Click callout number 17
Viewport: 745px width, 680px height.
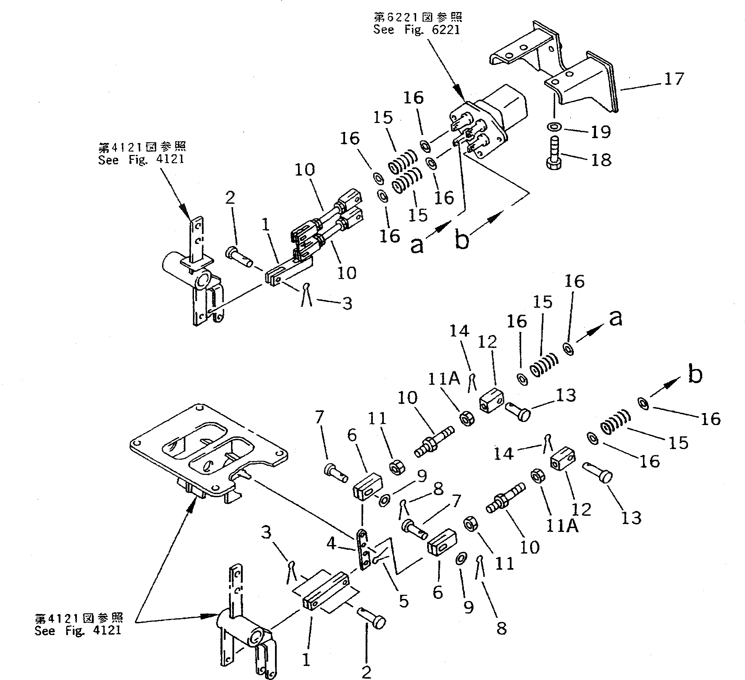(x=674, y=79)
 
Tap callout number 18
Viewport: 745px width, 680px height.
(x=601, y=160)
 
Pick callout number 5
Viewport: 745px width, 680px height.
(x=403, y=601)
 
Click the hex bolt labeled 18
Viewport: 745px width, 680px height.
(x=553, y=154)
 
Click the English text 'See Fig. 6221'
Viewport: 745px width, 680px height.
(x=416, y=30)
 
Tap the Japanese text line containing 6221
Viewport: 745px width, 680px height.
(x=418, y=17)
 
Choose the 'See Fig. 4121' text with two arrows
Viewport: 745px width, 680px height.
(x=78, y=631)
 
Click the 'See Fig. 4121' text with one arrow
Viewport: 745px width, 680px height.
(x=141, y=159)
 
